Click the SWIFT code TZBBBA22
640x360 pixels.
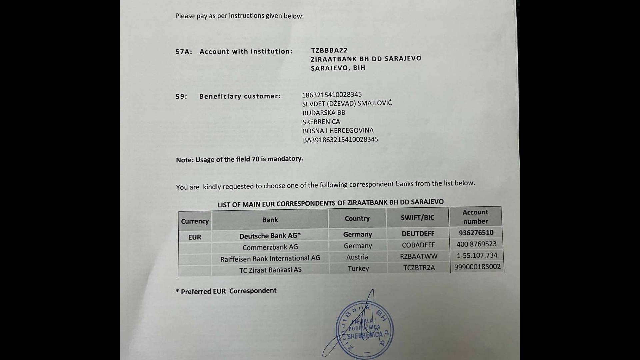tap(329, 50)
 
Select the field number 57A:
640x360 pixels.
tap(184, 52)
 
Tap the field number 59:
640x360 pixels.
tap(181, 97)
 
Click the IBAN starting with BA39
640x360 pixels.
tap(340, 140)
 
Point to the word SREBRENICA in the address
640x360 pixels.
tap(321, 122)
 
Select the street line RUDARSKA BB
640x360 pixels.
tap(324, 113)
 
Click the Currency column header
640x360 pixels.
tap(195, 221)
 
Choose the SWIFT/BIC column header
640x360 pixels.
tap(417, 218)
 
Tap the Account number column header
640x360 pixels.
tap(475, 217)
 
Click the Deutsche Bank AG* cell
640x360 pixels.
tap(270, 236)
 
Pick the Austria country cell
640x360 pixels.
tap(357, 257)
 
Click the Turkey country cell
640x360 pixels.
tap(358, 269)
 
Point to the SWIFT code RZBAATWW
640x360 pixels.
tap(419, 256)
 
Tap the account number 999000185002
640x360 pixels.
tap(477, 267)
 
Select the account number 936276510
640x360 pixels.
tap(476, 233)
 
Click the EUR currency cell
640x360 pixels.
tap(195, 237)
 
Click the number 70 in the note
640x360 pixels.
tap(255, 159)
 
